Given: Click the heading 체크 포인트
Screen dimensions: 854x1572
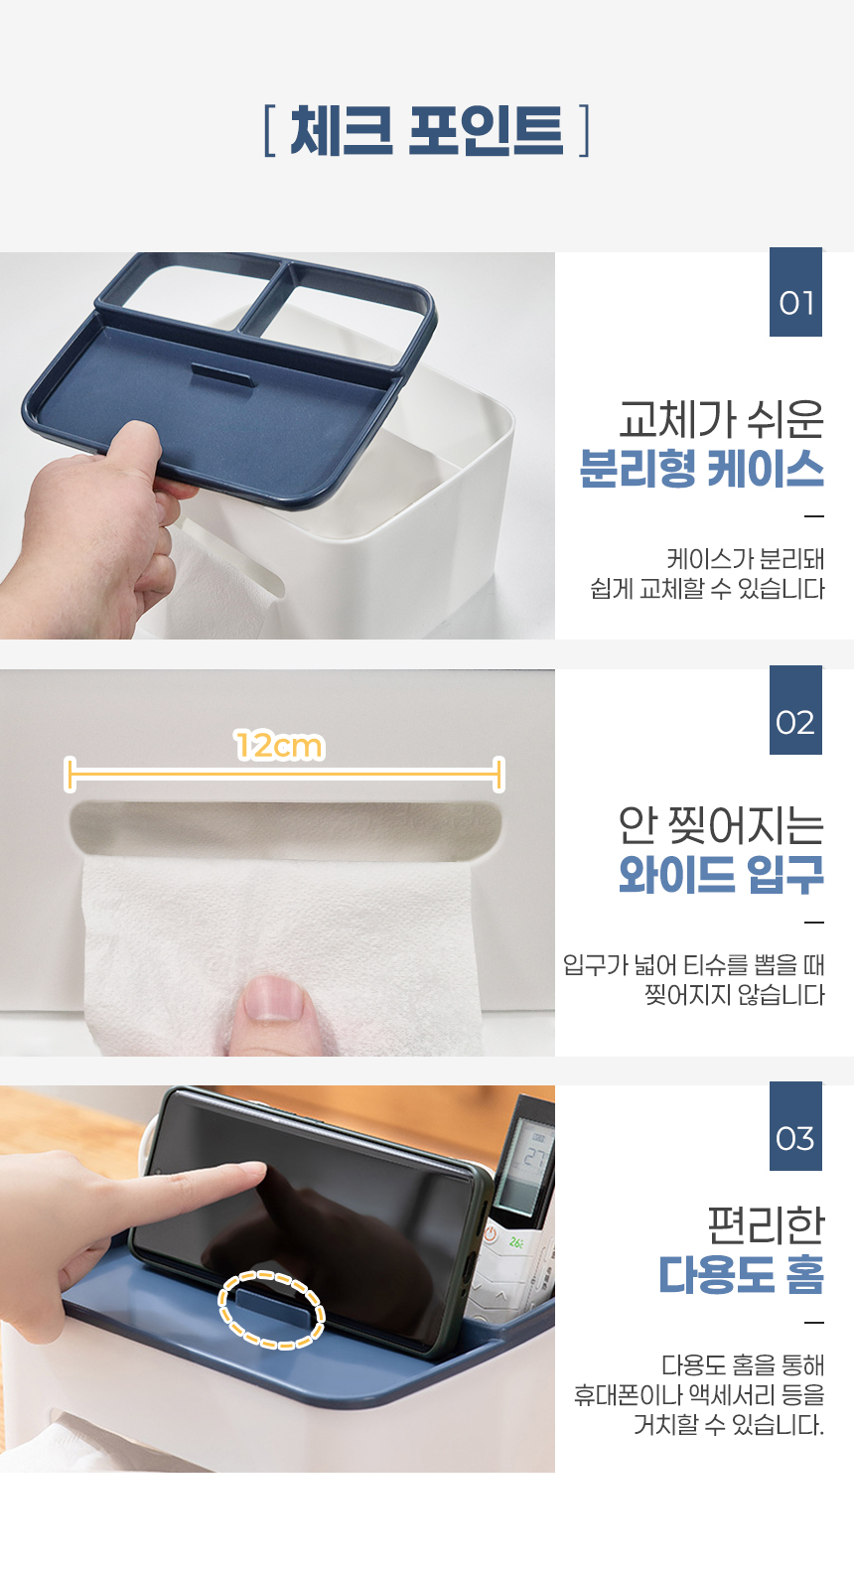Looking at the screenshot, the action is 427,130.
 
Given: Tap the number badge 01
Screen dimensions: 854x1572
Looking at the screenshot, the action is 795,292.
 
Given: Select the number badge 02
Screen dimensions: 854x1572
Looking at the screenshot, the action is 795,710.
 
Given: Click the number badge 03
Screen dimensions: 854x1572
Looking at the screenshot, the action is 795,1126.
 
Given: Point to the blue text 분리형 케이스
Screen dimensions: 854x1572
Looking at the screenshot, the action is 702,469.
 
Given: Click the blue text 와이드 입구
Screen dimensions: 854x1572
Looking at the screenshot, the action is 721,875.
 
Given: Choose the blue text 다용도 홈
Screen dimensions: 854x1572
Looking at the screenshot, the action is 742,1274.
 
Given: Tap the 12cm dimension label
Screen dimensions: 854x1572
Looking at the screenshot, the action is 279,746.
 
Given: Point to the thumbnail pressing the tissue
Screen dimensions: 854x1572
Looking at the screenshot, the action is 274,997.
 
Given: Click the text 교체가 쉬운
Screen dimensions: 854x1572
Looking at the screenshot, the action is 721,419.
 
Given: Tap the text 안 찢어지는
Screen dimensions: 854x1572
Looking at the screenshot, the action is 721,825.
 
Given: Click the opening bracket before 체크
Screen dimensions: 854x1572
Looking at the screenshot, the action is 269,130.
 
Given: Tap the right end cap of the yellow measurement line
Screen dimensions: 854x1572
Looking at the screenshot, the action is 498,774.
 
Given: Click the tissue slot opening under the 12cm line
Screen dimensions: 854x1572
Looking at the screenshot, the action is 286,830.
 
